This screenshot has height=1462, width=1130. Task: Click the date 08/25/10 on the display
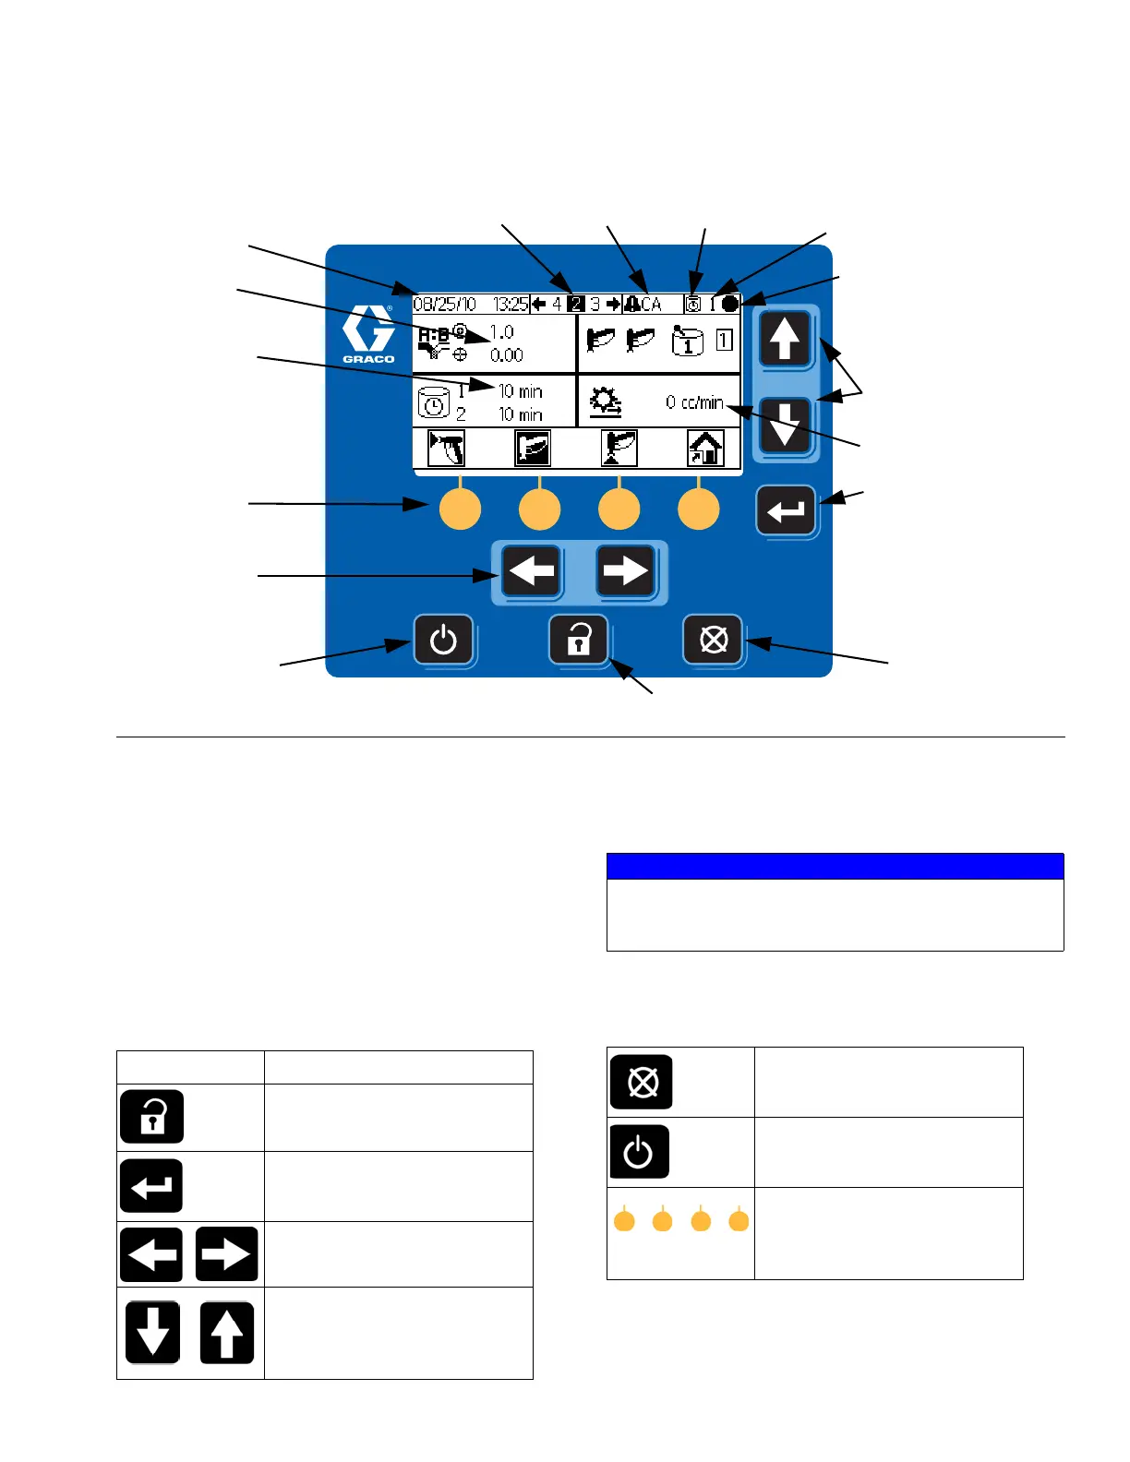pyautogui.click(x=444, y=304)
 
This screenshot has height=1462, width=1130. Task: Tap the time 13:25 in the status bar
pyautogui.click(x=511, y=304)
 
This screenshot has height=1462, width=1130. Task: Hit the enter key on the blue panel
pyautogui.click(x=786, y=510)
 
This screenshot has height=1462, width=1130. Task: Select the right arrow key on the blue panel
pyautogui.click(x=625, y=571)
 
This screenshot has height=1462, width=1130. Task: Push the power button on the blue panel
pyautogui.click(x=443, y=640)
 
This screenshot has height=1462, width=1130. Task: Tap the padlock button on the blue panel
pyautogui.click(x=579, y=640)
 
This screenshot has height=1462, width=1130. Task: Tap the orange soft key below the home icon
pyautogui.click(x=699, y=509)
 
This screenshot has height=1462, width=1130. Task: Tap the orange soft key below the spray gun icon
pyautogui.click(x=460, y=509)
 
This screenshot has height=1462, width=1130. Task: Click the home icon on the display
pyautogui.click(x=705, y=449)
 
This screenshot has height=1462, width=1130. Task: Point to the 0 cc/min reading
pyautogui.click(x=694, y=402)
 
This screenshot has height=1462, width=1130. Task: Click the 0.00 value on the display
pyautogui.click(x=507, y=355)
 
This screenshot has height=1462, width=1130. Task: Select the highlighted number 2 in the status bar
pyautogui.click(x=575, y=304)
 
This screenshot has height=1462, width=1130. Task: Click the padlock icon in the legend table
pyautogui.click(x=152, y=1117)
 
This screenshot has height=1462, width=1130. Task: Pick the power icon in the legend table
pyautogui.click(x=639, y=1152)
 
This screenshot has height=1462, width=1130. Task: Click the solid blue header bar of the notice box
pyautogui.click(x=835, y=866)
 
